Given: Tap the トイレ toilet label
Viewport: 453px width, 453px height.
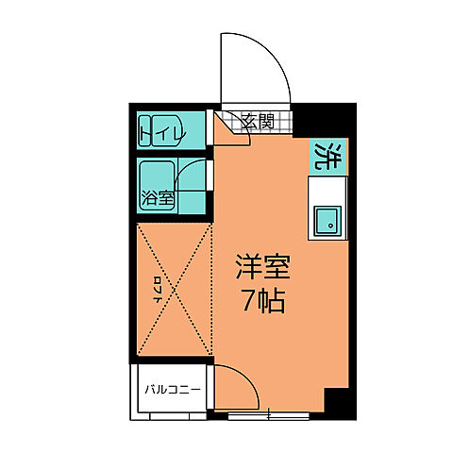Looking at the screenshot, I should [x=159, y=132].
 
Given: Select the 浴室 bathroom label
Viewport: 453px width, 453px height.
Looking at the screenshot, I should [x=158, y=198].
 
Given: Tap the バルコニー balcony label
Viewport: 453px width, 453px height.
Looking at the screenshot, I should [x=168, y=388].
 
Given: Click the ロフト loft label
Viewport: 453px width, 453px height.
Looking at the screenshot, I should [x=157, y=285].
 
